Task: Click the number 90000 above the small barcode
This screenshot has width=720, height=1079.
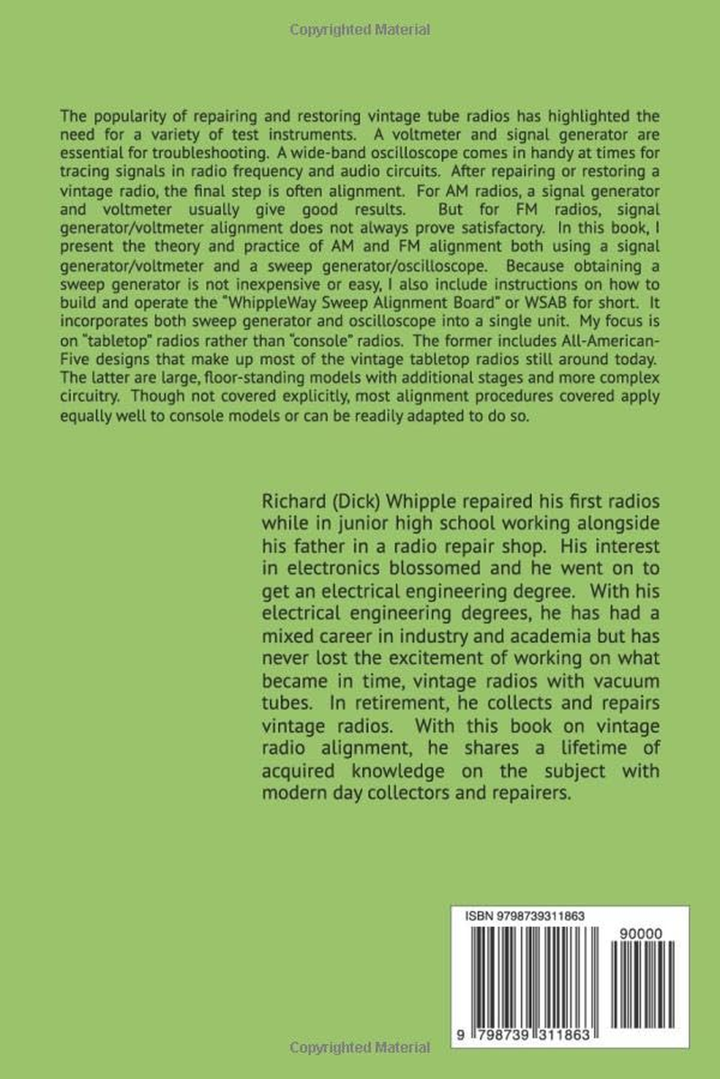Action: tap(642, 935)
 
